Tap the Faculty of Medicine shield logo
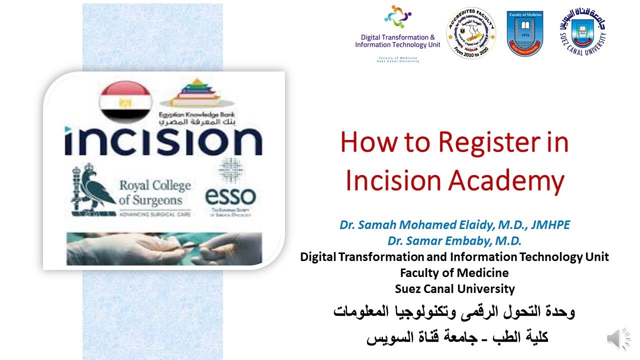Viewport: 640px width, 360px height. click(x=524, y=33)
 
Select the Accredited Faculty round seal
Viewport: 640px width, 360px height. click(x=470, y=33)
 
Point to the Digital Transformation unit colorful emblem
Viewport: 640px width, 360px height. click(x=397, y=18)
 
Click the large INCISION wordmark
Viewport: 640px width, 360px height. click(x=163, y=141)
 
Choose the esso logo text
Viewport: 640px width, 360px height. click(x=230, y=196)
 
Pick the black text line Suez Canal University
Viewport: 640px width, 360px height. click(x=454, y=288)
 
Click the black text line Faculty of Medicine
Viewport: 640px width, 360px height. click(x=454, y=273)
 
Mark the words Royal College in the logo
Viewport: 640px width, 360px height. click(x=155, y=186)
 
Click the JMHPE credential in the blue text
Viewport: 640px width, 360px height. click(x=549, y=225)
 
